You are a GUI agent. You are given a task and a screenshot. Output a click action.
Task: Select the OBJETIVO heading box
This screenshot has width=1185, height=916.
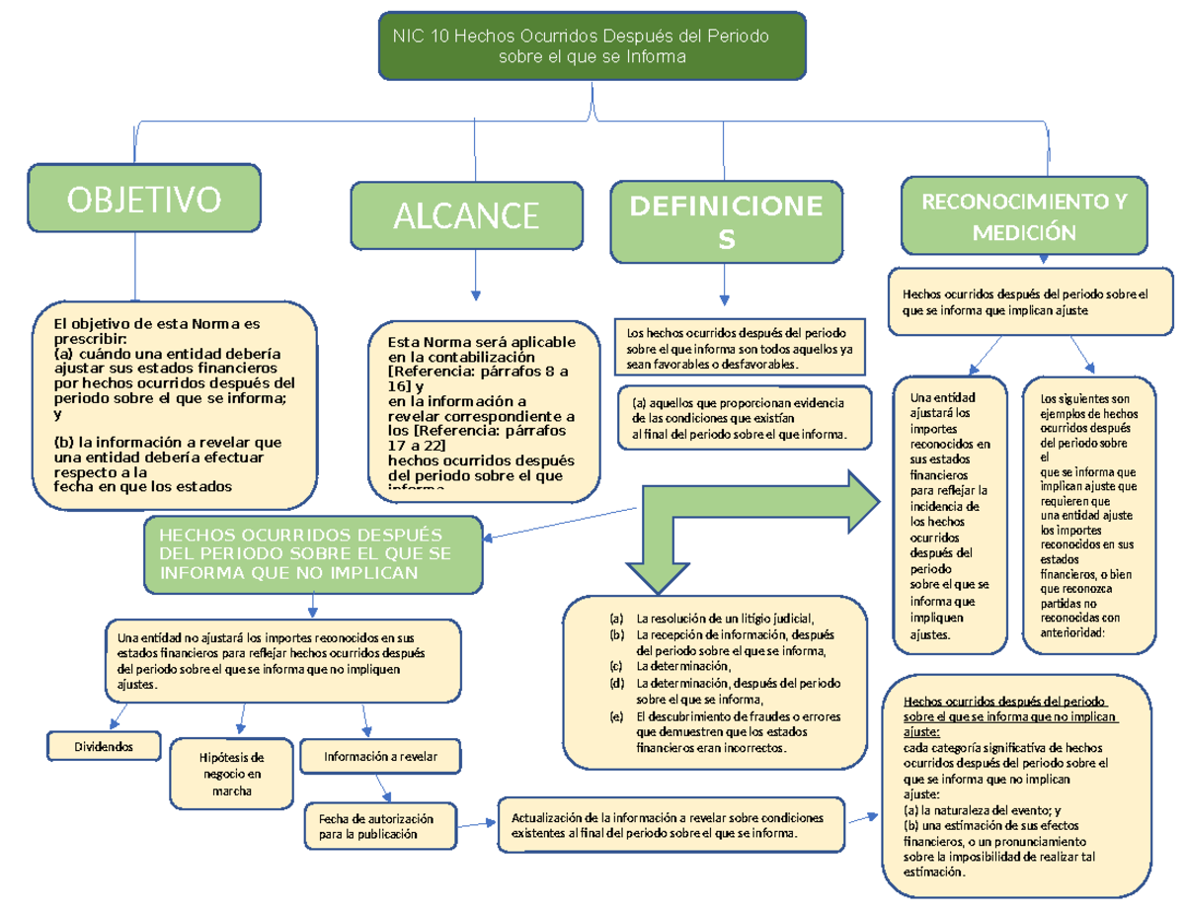[x=144, y=202]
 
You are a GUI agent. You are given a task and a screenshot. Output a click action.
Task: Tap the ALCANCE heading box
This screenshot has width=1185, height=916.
[x=467, y=215]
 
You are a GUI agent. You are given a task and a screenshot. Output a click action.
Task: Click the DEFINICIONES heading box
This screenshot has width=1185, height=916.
[x=726, y=222]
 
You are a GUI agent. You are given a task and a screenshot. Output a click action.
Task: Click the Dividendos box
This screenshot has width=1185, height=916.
[x=105, y=744]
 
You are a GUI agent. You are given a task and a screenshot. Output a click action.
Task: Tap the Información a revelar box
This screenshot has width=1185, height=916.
[x=380, y=757]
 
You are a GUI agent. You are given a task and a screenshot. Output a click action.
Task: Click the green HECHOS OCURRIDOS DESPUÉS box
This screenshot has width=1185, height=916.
[x=313, y=554]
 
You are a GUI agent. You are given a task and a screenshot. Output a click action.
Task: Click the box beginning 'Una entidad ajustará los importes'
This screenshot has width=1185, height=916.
[x=949, y=516]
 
